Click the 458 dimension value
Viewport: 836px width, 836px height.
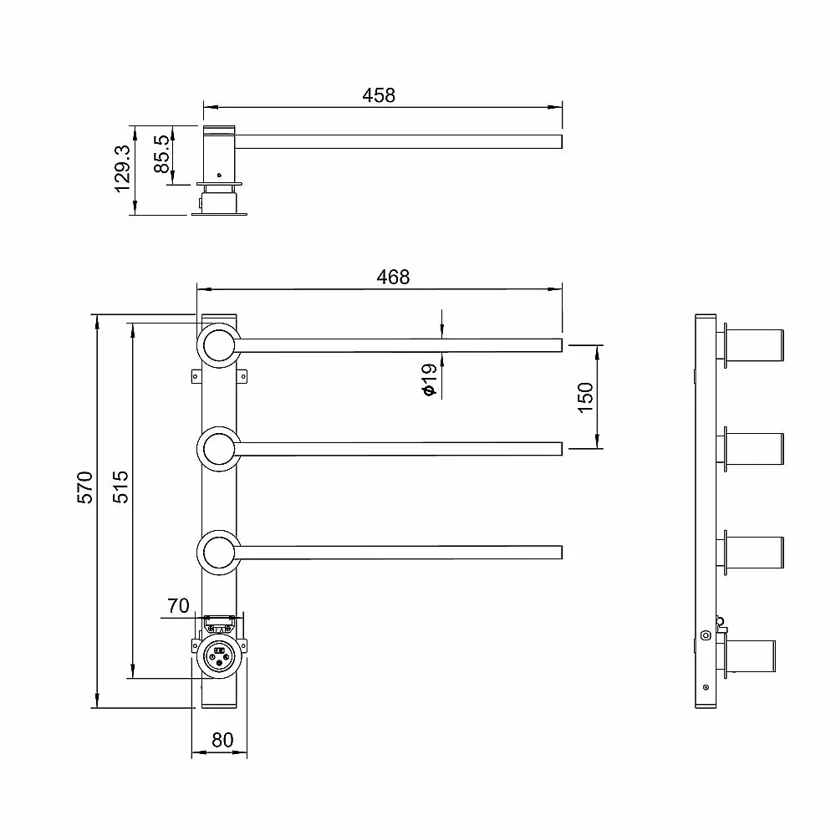click(379, 95)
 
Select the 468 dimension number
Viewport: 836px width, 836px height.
click(393, 278)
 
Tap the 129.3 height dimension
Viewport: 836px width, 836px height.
click(123, 169)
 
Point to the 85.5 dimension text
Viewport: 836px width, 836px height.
click(162, 154)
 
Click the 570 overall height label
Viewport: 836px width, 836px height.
click(84, 487)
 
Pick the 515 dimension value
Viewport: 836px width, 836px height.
click(120, 487)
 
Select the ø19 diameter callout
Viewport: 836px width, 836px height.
click(429, 380)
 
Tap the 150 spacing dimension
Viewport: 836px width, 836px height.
click(585, 397)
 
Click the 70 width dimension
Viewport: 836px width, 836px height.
click(178, 605)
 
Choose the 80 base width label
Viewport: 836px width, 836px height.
click(222, 740)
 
